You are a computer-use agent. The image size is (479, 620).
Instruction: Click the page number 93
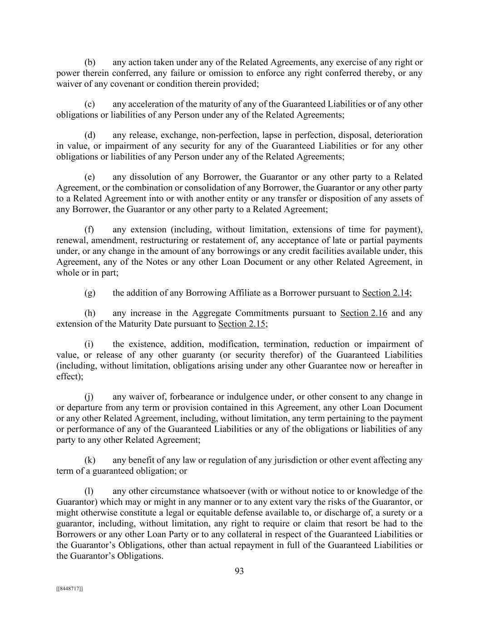point(239,571)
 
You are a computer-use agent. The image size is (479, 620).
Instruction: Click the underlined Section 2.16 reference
point(364,313)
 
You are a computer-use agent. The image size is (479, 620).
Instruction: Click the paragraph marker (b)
point(90,63)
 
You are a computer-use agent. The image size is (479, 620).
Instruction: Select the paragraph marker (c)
point(90,104)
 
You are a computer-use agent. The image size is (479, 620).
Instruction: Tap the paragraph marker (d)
point(90,135)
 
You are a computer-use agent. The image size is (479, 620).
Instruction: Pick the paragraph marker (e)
point(90,177)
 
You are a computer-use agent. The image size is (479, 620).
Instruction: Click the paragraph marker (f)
point(89,230)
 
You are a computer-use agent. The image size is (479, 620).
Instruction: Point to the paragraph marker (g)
point(90,293)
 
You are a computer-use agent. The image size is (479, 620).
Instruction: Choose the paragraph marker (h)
point(90,313)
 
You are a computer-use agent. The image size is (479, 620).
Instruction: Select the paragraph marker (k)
point(90,461)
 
